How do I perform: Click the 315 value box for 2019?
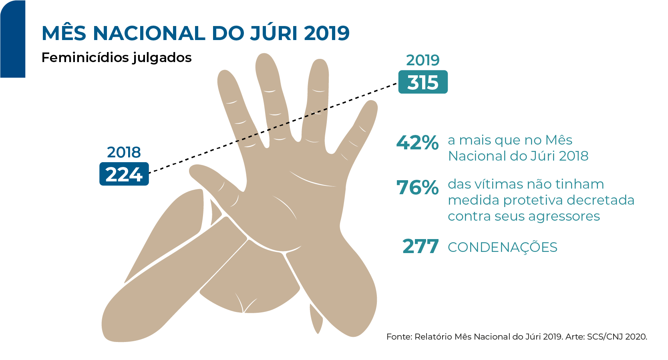coord(423,82)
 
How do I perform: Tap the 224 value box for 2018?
coord(124,174)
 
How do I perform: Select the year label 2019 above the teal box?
coord(423,60)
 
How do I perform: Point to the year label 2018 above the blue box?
coord(124,153)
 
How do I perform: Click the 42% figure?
coord(417,143)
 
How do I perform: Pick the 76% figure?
coord(417,187)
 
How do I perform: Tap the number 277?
coord(421,247)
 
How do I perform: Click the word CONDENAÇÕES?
coord(503,247)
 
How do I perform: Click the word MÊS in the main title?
coord(64,33)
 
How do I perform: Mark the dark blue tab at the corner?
coord(12,40)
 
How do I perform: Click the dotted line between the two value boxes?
coord(272,128)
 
